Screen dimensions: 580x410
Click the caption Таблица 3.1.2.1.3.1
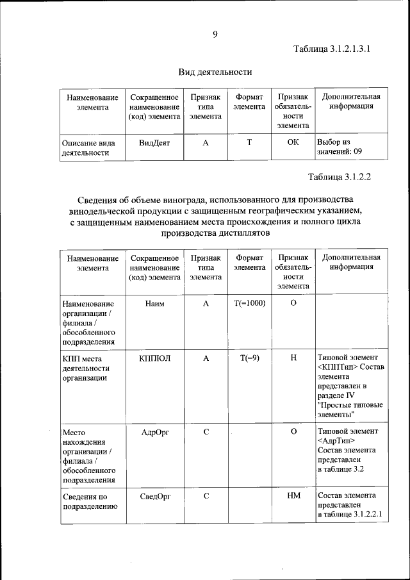click(x=332, y=49)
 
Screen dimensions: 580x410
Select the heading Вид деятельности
click(x=215, y=72)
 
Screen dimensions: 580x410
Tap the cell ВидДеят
click(x=154, y=143)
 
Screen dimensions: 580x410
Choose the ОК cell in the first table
click(x=293, y=143)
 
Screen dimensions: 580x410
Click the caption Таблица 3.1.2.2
click(x=340, y=177)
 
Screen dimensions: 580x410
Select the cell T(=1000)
click(x=249, y=303)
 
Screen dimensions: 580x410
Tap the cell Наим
click(x=154, y=303)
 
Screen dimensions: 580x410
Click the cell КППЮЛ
click(x=154, y=358)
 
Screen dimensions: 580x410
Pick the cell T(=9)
click(x=249, y=358)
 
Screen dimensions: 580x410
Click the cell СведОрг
click(x=154, y=495)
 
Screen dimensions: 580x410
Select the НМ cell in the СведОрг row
click(x=293, y=495)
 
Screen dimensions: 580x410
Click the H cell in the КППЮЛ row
click(x=293, y=358)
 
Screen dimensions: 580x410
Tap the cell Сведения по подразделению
click(x=89, y=501)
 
